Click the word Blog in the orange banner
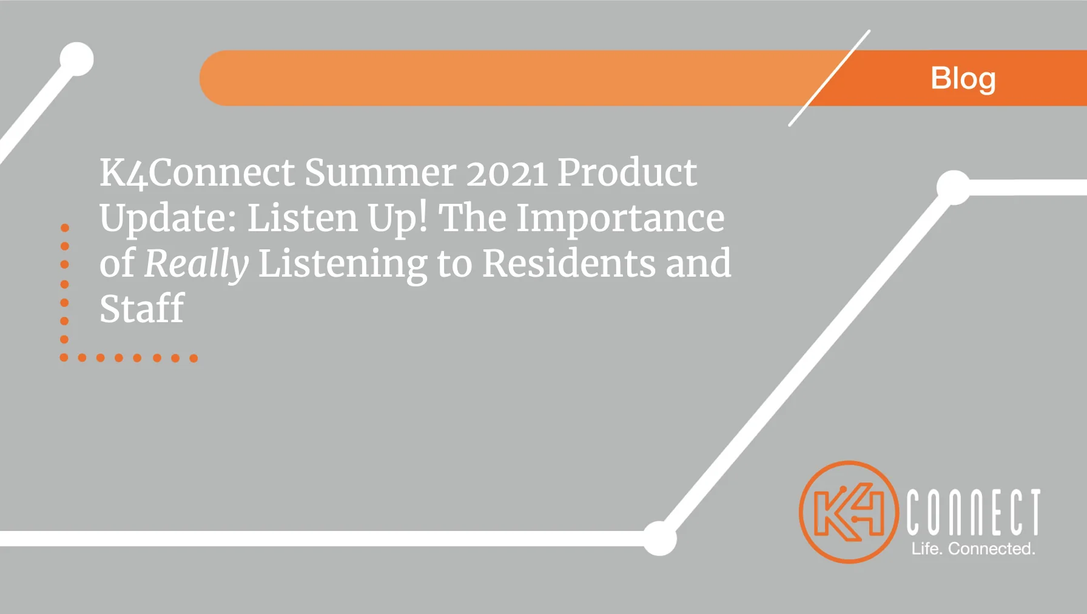click(963, 79)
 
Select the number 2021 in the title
click(507, 173)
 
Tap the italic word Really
click(197, 264)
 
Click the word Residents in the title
click(569, 263)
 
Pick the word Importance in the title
click(621, 218)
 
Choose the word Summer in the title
click(380, 173)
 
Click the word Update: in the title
click(169, 218)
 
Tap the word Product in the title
click(627, 172)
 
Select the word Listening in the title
click(343, 265)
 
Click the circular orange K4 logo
click(849, 512)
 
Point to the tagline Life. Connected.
click(973, 548)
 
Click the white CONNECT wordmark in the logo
click(974, 512)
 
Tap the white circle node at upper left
click(77, 59)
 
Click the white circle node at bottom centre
click(660, 538)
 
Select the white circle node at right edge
click(954, 187)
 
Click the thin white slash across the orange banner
click(829, 78)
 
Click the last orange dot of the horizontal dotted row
click(194, 358)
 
